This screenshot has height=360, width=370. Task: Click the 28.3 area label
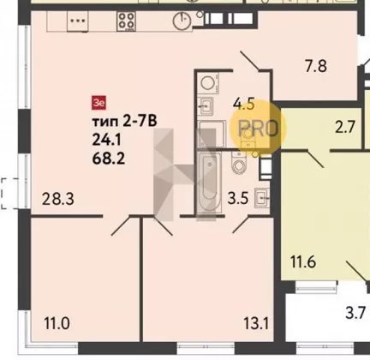click(58, 199)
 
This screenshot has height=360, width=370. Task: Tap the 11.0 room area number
click(57, 324)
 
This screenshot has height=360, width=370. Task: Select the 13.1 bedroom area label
click(256, 324)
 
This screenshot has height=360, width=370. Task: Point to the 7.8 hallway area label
click(316, 66)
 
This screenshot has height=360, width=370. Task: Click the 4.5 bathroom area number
click(243, 104)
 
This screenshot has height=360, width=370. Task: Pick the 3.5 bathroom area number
click(238, 198)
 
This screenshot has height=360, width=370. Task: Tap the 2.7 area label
click(345, 127)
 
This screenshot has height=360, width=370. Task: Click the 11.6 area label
click(303, 261)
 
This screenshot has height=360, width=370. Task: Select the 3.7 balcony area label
click(355, 313)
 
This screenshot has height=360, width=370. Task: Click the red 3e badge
click(98, 103)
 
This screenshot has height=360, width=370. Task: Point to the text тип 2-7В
click(124, 122)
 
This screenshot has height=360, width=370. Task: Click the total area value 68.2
click(109, 159)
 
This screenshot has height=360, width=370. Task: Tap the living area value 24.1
click(107, 140)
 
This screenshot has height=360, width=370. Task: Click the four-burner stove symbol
click(126, 21)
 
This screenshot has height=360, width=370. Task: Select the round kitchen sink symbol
click(182, 21)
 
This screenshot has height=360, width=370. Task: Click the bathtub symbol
click(210, 183)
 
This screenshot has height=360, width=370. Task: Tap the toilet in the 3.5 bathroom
click(239, 163)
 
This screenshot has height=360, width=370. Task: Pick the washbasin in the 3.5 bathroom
click(262, 197)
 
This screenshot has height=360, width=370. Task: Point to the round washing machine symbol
click(209, 83)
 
